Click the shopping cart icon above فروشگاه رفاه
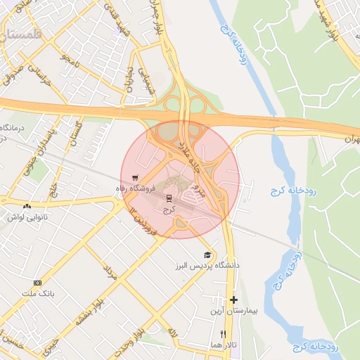click(x=135, y=178)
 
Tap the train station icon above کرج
click(x=168, y=198)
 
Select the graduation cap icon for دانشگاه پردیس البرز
click(x=207, y=255)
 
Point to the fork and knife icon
click(x=224, y=334)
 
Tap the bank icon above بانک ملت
click(x=37, y=282)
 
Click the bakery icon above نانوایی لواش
click(x=27, y=206)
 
